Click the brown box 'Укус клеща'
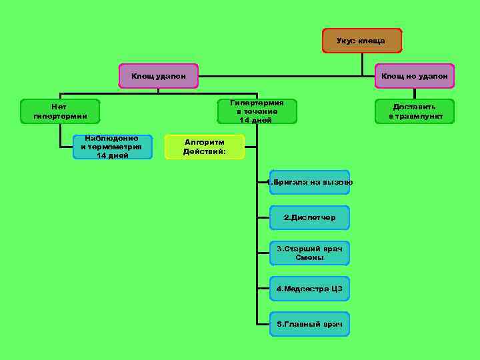tap(362, 41)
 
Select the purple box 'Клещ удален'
tap(159, 76)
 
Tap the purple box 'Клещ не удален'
tap(414, 76)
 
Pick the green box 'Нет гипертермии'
tap(60, 111)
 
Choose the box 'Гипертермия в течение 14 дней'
tap(257, 111)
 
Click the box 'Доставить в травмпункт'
tap(414, 111)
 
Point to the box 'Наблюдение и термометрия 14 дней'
tap(112, 147)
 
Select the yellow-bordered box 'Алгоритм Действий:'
tap(205, 147)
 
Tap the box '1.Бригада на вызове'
tap(309, 182)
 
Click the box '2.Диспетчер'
tap(309, 217)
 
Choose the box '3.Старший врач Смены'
tap(309, 253)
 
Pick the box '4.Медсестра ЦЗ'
tap(309, 289)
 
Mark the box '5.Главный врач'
tap(309, 324)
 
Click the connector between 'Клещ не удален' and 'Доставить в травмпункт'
tap(414, 94)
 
